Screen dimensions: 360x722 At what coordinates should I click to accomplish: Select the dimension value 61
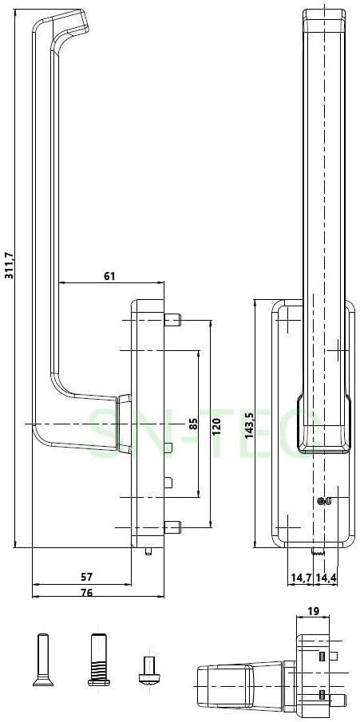pyautogui.click(x=109, y=276)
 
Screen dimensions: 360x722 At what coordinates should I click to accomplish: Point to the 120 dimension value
pyautogui.click(x=217, y=427)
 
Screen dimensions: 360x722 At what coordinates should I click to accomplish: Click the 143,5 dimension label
pyautogui.click(x=249, y=425)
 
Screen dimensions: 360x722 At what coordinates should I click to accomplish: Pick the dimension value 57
pyautogui.click(x=87, y=577)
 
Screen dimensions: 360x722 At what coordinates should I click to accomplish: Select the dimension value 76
pyautogui.click(x=87, y=593)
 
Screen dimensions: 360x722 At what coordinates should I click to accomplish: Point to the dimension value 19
pyautogui.click(x=314, y=611)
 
